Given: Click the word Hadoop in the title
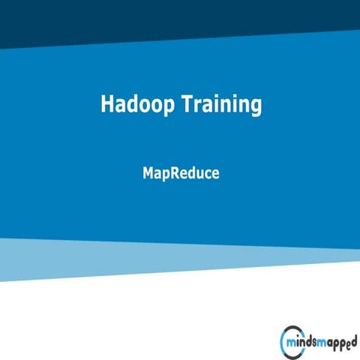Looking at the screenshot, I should tap(138, 105).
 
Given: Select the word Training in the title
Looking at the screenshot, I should tap(222, 105).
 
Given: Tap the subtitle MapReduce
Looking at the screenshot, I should tap(180, 172).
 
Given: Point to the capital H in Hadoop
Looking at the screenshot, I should tap(106, 104).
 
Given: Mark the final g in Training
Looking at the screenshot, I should tap(256, 107).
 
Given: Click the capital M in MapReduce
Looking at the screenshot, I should tap(148, 172).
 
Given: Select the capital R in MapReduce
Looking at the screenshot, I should tap(175, 172).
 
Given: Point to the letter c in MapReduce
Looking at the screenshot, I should tap(205, 174).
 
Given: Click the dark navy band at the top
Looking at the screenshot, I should tap(180, 19).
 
